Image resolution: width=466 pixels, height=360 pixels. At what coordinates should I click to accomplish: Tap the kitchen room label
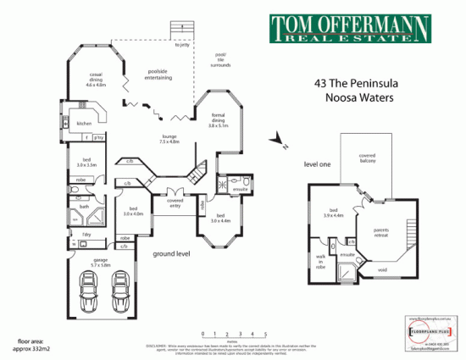tap(84, 124)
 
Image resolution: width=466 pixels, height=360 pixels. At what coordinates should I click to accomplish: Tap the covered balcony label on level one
tap(367, 158)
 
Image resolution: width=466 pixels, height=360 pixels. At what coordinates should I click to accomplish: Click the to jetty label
tap(182, 46)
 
